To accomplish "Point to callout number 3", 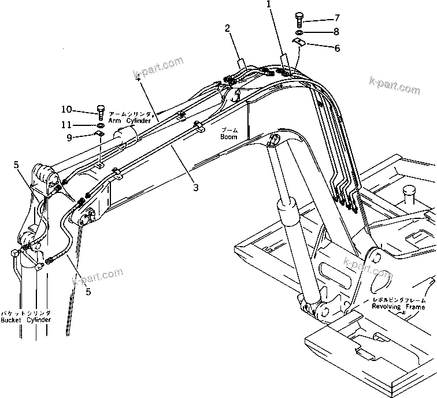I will click(195, 187).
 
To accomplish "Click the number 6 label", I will click(336, 49).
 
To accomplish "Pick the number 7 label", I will click(337, 19).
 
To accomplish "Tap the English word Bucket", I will click(12, 320).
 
